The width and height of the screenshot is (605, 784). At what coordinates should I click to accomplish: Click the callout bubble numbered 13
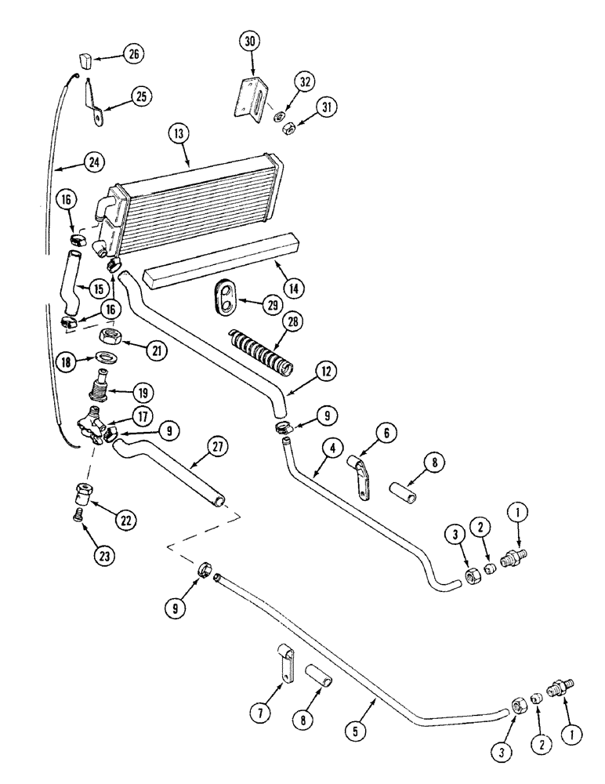tap(179, 135)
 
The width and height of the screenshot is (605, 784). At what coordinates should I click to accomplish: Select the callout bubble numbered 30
tap(252, 42)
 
